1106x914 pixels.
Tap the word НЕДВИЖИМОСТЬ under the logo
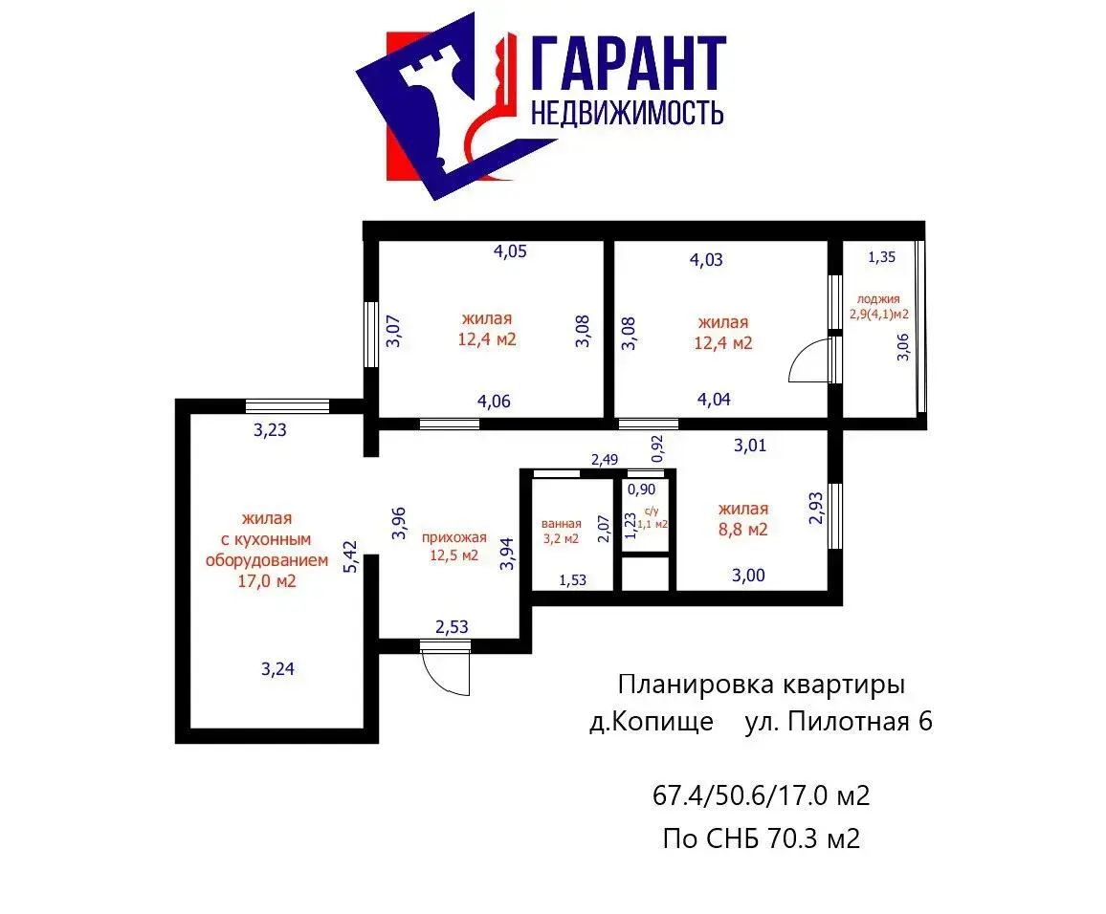(627, 113)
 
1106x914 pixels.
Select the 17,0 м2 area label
(267, 581)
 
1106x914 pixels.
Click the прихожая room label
(453, 537)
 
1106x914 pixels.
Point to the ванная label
(562, 524)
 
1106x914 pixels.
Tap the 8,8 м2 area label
(742, 530)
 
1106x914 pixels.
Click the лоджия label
(878, 299)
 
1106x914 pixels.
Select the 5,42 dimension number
(350, 556)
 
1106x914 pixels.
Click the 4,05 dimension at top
(510, 250)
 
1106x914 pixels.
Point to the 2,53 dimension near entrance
(452, 626)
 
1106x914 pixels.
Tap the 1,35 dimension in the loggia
(882, 257)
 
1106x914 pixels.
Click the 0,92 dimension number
(656, 448)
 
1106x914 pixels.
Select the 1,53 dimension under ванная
(573, 580)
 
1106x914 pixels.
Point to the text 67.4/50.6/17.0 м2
(761, 795)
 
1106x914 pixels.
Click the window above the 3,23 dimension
(287, 406)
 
